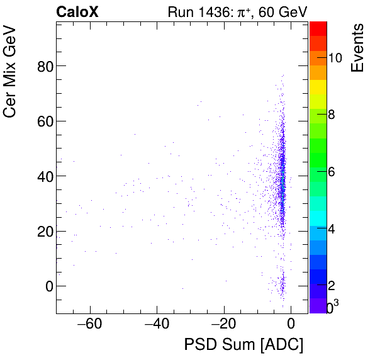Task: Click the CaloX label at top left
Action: pos(77,11)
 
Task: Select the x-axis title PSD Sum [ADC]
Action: pos(243,345)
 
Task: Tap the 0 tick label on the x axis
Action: pos(291,325)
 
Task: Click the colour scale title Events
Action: pos(357,48)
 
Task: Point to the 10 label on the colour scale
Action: pos(335,58)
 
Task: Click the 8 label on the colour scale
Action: pos(332,115)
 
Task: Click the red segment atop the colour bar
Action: pos(318,28)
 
